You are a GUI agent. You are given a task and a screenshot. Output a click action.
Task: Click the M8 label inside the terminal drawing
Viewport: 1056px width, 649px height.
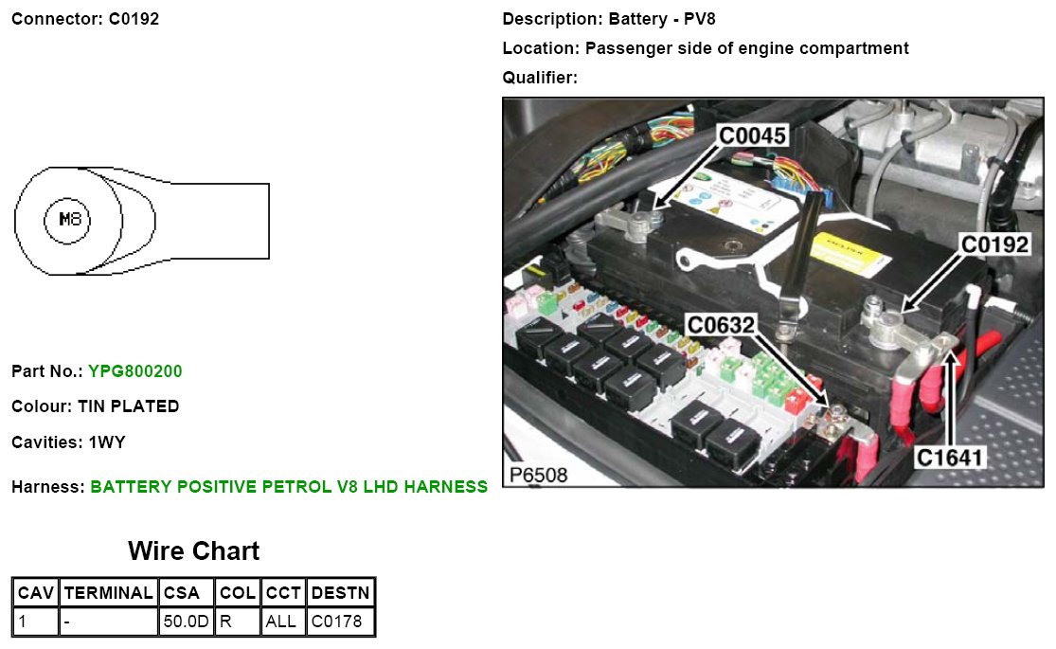(72, 221)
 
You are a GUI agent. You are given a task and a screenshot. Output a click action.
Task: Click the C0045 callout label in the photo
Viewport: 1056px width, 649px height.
(753, 136)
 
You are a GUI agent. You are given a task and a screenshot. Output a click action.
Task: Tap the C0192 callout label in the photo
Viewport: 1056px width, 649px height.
(994, 244)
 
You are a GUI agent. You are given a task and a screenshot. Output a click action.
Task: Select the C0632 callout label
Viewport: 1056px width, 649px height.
(722, 326)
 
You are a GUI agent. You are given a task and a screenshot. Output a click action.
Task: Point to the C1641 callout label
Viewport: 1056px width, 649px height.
(951, 458)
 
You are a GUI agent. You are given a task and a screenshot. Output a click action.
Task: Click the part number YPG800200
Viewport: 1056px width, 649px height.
(134, 371)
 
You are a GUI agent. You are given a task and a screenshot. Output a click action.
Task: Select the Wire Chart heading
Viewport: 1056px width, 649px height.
(193, 551)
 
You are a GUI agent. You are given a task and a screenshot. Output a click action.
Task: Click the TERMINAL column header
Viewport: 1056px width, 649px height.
(108, 593)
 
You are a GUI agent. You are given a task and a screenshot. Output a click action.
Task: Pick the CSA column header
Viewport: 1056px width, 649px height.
(181, 593)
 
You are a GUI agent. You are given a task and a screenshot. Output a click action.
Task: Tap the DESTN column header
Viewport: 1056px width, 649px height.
(340, 593)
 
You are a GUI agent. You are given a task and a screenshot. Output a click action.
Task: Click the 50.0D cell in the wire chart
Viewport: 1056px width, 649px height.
(185, 622)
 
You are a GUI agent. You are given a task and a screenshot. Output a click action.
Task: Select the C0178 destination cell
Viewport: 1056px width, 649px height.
(336, 622)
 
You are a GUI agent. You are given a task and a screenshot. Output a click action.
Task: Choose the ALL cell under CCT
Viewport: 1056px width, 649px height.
(281, 622)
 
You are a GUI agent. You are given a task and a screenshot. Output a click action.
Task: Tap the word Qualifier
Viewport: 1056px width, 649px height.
(538, 78)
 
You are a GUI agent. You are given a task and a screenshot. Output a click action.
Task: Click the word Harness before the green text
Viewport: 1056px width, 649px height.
(46, 487)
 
